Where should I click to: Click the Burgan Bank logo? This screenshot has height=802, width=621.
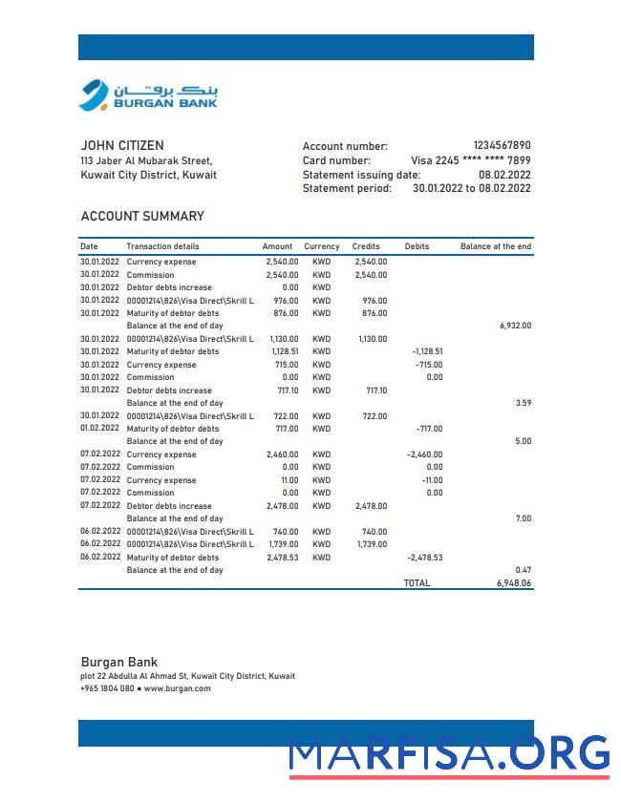tap(148, 95)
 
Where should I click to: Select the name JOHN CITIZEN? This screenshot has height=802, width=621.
tap(122, 146)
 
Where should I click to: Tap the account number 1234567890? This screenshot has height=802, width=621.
tap(502, 146)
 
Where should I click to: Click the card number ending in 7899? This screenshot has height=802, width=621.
tap(470, 160)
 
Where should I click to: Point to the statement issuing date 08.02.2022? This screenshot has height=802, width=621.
tap(504, 175)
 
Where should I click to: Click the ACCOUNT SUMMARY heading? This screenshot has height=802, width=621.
tap(142, 217)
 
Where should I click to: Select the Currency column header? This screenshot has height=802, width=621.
tap(322, 246)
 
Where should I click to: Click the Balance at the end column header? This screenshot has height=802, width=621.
tap(495, 246)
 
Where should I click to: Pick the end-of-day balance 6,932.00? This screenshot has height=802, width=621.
tap(515, 326)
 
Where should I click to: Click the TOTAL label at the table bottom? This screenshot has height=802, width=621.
tap(417, 582)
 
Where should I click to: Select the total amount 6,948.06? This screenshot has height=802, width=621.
tap(513, 582)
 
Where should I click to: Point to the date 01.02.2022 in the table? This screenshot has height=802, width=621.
tap(99, 429)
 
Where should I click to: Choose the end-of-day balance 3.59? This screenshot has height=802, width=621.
tap(523, 403)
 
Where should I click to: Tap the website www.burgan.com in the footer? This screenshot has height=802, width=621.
tap(177, 688)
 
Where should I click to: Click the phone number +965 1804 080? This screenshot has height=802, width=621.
tap(107, 688)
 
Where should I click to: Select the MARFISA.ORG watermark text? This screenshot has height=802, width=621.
tap(449, 754)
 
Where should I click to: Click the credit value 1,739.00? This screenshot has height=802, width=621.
tap(372, 544)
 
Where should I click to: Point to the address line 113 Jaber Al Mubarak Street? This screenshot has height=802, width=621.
tap(146, 161)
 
